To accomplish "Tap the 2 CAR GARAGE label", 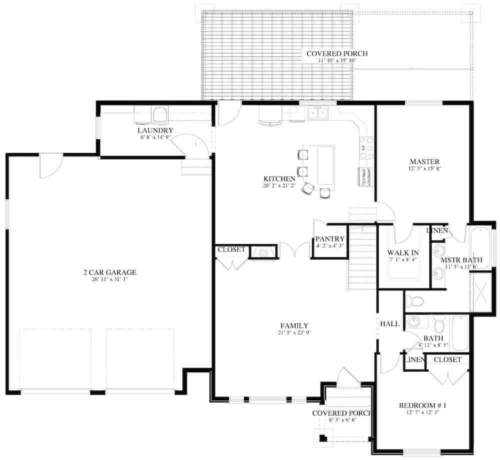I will point(109,272).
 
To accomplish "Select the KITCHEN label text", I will point(279,178).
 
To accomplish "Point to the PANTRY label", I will point(330,239).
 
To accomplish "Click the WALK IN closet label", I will point(403,253).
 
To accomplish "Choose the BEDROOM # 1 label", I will point(422,405).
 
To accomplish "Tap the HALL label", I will point(390,324).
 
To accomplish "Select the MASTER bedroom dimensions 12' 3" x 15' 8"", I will point(424,169).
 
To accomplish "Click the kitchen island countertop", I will point(325,164).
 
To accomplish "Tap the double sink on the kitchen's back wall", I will point(317,113).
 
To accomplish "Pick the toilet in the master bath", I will point(414,301).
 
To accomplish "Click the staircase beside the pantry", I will point(362,257).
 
